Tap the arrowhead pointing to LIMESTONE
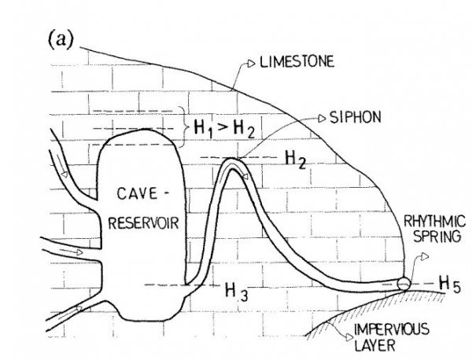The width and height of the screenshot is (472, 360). click(x=250, y=61)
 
